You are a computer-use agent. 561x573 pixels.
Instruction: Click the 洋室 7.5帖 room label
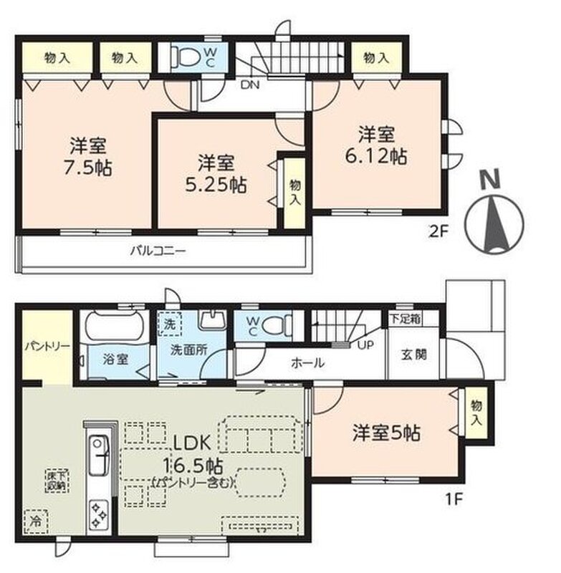tap(87, 157)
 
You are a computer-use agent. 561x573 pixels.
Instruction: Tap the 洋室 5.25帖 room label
tap(216, 174)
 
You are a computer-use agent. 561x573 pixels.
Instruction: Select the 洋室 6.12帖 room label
tap(376, 145)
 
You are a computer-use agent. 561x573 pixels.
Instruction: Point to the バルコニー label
tap(158, 251)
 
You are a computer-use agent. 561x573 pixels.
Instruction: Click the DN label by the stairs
tap(250, 85)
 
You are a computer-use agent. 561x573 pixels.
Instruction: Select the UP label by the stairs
tap(365, 345)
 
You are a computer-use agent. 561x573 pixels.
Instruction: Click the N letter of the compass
tap(490, 180)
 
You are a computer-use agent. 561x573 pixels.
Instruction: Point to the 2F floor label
tap(438, 231)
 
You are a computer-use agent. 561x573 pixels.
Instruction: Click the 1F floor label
tap(454, 499)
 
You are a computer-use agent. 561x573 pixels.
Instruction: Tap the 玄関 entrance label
tap(413, 355)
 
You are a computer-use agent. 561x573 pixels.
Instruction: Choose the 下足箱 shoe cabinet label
tap(405, 319)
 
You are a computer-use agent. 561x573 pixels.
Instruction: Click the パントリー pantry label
tap(47, 346)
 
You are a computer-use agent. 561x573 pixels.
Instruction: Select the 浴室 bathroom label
tap(115, 360)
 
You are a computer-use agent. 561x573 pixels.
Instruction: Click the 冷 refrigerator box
tap(37, 521)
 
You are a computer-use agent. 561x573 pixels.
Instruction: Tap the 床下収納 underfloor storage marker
tap(57, 481)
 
